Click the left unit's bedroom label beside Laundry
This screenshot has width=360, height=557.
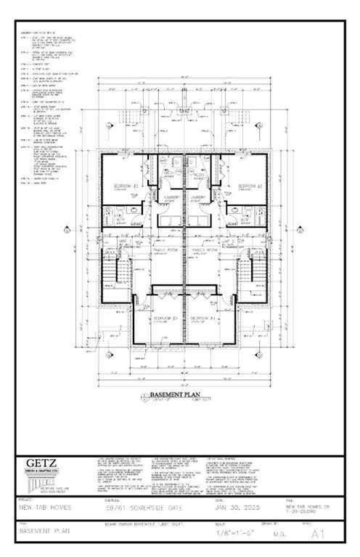click(x=121, y=186)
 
